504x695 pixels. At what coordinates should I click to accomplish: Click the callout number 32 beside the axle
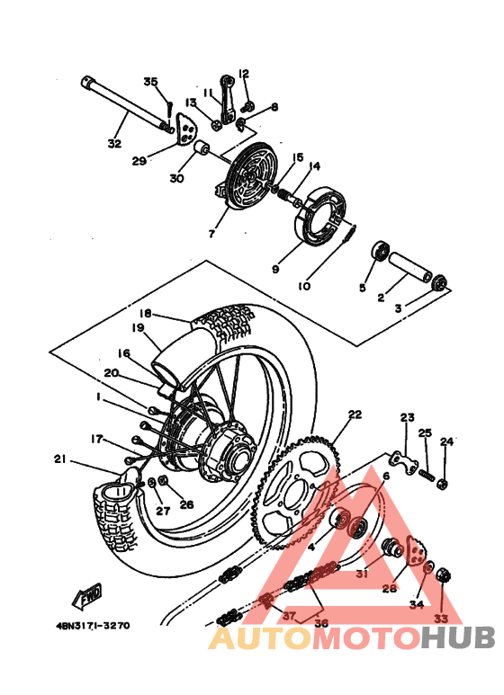coord(113,143)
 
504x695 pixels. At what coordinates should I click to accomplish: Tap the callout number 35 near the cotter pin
coord(150,82)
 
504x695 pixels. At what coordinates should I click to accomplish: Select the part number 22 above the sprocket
coord(355,414)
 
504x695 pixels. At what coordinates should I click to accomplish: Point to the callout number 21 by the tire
coord(60,459)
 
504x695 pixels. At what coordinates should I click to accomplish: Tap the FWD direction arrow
coord(86,596)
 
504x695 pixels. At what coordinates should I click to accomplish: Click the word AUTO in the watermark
coord(260,637)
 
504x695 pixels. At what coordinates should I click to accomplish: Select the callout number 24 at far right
coord(447,441)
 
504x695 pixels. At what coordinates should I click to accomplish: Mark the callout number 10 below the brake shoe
coord(304,287)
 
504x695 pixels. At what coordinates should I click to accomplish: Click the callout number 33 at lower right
coord(440,619)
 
